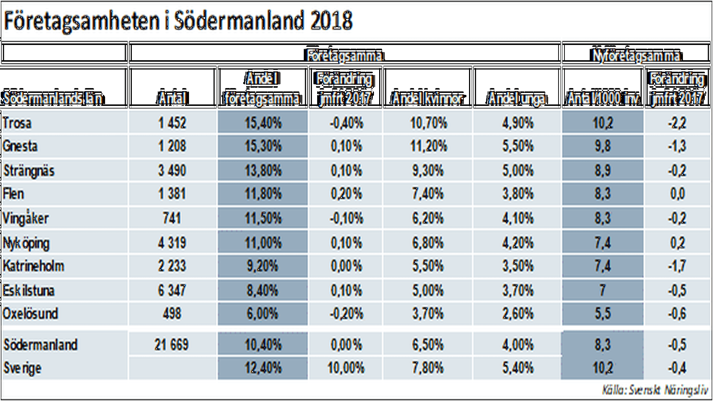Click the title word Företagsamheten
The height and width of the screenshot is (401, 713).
81,21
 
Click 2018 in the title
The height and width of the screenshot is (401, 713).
331,21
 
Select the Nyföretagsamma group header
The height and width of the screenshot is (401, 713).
636,55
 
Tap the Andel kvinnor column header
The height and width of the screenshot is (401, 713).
427,98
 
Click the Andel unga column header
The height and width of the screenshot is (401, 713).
517,98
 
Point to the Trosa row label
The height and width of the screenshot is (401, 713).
17,123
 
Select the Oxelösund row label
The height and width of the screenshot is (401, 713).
30,314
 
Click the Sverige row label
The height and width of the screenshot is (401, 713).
22,368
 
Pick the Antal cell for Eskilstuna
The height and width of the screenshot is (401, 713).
172,290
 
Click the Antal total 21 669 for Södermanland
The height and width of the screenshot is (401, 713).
172,345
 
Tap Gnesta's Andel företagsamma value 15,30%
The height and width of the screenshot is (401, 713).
263,146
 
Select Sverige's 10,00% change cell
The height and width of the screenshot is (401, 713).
346,368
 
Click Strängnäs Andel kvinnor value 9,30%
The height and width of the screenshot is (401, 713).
427,171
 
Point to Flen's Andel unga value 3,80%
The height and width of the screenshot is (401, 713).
518,194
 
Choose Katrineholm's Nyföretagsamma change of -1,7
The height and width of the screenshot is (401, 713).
677,266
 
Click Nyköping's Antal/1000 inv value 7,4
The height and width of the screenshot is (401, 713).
602,243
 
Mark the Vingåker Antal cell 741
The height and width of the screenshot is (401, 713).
172,218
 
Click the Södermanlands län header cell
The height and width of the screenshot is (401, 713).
52,98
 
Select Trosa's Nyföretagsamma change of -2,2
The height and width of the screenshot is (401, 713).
677,123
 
